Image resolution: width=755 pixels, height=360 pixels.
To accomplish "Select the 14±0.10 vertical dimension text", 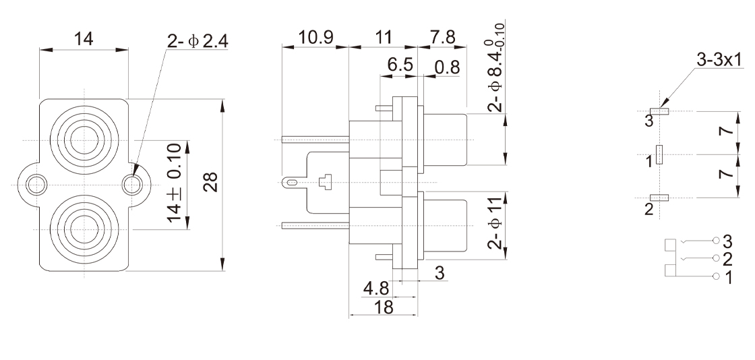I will tap(173, 183).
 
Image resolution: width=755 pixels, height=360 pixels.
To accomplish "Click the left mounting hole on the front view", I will tap(34, 183).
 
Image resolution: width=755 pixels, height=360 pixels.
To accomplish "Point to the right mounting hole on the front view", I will tap(134, 183).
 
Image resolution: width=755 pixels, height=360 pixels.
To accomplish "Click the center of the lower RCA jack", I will tap(84, 227).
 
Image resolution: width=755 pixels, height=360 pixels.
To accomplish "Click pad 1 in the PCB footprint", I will tap(659, 155).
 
